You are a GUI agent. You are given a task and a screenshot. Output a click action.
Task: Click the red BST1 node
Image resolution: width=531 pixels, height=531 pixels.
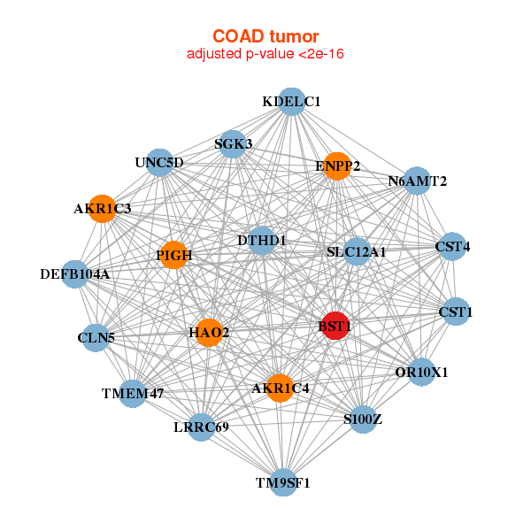click(335, 326)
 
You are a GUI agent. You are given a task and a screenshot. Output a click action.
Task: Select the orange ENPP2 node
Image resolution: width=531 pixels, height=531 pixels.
click(336, 165)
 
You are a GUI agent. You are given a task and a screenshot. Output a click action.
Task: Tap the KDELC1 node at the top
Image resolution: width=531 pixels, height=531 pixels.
click(291, 102)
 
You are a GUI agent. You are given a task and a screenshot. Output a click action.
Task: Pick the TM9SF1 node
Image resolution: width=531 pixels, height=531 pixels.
click(283, 482)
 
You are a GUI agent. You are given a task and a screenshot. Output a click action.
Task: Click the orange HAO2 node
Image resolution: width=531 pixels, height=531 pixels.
click(209, 333)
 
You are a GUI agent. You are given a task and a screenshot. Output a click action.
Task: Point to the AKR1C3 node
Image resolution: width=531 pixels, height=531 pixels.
click(102, 210)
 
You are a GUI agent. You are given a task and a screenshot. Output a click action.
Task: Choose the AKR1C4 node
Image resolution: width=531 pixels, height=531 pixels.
click(281, 388)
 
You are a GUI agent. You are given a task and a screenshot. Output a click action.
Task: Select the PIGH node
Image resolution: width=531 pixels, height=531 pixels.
click(173, 255)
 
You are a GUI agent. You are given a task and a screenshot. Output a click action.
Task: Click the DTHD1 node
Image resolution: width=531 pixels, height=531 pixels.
click(262, 240)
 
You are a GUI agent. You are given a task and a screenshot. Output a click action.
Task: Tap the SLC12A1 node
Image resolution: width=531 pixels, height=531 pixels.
click(357, 252)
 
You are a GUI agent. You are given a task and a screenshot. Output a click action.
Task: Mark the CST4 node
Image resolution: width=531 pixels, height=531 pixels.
click(451, 246)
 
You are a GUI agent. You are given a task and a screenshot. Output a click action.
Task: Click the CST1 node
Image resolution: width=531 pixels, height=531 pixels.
click(456, 312)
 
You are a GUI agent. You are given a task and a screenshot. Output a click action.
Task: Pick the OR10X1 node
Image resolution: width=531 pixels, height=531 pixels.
click(421, 372)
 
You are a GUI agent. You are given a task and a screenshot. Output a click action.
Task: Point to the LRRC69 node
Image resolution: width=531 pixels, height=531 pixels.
click(202, 427)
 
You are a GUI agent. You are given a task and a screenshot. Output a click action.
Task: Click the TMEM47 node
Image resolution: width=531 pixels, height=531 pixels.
click(132, 393)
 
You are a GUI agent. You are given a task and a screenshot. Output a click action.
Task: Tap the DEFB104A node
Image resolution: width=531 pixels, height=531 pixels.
click(75, 274)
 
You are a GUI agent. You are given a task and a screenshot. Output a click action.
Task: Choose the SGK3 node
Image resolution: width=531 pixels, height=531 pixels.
click(232, 144)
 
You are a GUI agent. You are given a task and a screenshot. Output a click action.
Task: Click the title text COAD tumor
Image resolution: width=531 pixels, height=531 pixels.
click(265, 36)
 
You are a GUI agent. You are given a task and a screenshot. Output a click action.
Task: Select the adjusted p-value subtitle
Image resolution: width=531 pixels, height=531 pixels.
click(265, 54)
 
